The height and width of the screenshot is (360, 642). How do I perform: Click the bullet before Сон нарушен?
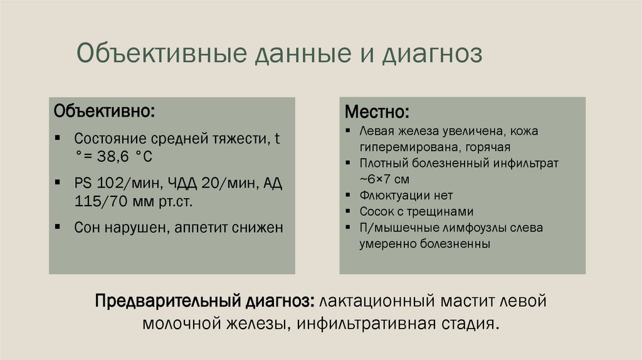click(58, 226)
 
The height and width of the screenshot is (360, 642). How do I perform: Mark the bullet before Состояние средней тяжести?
click(58, 137)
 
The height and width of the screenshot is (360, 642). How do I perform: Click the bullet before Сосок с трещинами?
click(348, 211)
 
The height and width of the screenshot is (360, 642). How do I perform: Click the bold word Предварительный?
click(167, 300)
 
